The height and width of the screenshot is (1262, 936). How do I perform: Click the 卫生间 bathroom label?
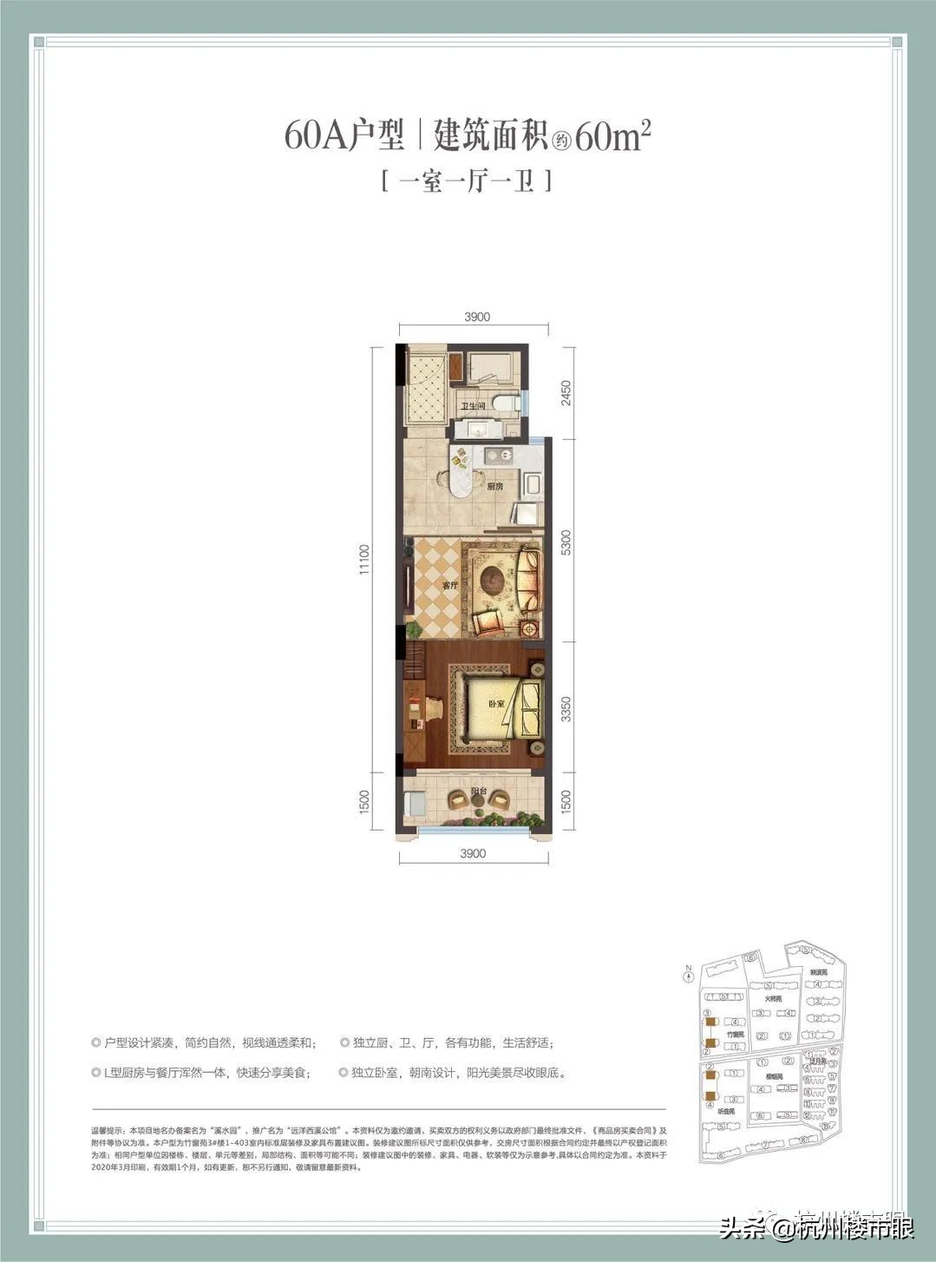[x=472, y=406]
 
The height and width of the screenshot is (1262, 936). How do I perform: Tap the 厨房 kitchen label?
[x=495, y=487]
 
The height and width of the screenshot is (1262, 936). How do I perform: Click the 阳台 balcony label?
[x=477, y=791]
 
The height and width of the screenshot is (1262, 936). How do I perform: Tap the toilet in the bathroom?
[x=505, y=403]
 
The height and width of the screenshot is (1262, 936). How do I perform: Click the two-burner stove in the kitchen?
[x=498, y=454]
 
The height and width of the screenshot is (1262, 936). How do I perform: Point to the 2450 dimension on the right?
[x=566, y=392]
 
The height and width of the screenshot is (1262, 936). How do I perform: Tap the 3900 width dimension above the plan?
[x=476, y=317]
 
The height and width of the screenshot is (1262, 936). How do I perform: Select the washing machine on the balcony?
[x=416, y=805]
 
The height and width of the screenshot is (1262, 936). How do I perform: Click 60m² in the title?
[x=612, y=137]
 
